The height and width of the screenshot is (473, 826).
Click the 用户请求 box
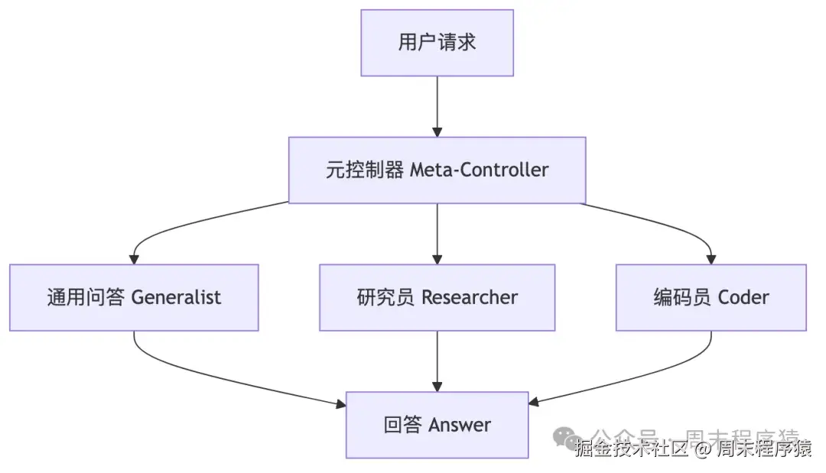coord(437,43)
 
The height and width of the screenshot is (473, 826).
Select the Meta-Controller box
coord(437,170)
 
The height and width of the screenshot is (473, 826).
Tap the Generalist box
coord(134,297)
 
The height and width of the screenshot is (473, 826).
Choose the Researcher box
coord(437,297)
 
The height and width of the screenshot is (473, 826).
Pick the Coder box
coord(711,297)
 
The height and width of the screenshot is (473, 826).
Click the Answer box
coord(437,425)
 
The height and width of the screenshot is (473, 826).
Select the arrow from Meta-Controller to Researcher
coord(437,233)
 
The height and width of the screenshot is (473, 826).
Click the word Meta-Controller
coord(480,170)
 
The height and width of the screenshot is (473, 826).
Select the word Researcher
coord(470,297)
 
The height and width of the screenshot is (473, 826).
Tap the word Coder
coord(742,297)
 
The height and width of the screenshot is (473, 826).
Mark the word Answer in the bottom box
coord(459,425)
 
